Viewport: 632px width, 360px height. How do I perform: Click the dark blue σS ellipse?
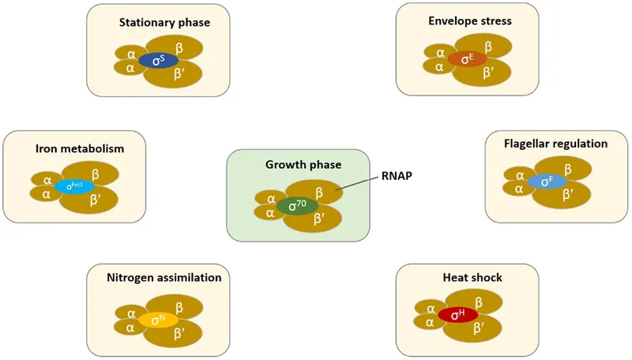(159, 60)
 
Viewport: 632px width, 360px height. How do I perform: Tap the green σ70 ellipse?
(297, 206)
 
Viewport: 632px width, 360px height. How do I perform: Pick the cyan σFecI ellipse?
(74, 186)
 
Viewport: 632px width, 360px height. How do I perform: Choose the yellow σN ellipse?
(158, 320)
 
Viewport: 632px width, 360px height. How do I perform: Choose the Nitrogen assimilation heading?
(164, 277)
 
